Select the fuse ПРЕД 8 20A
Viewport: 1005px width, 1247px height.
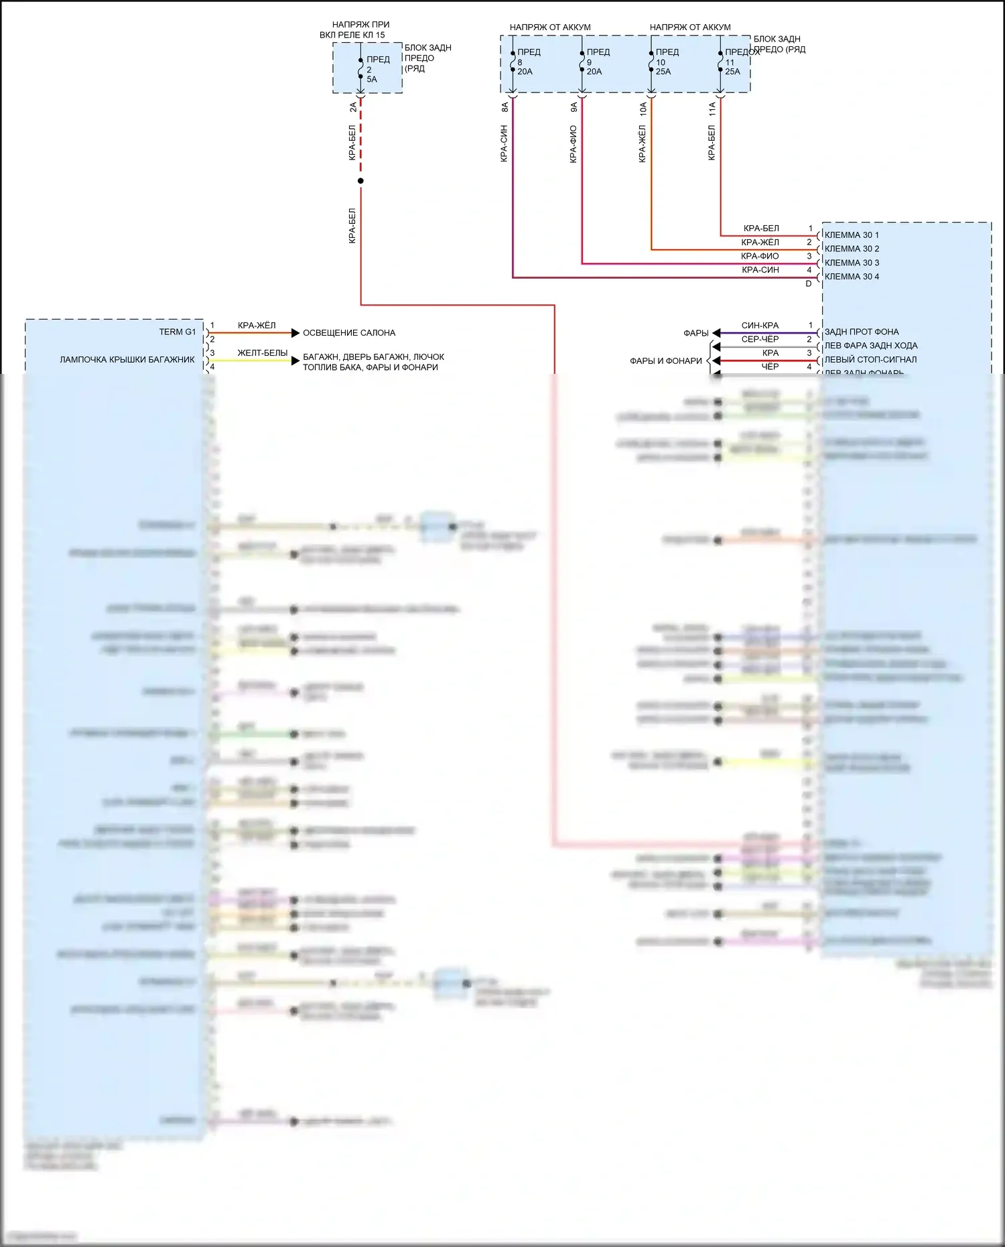[x=527, y=62]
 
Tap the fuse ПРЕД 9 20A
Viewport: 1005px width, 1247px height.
[x=596, y=62]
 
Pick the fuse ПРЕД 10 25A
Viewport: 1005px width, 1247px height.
[x=665, y=62]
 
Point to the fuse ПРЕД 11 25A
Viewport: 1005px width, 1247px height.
[x=734, y=62]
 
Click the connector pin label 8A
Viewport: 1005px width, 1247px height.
[x=505, y=107]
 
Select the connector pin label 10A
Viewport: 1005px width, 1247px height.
[x=643, y=109]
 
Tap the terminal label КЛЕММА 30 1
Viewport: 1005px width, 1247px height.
[x=852, y=235]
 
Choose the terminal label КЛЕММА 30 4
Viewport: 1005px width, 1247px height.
[x=852, y=277]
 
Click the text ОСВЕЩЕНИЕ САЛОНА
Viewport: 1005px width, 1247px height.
[x=349, y=333]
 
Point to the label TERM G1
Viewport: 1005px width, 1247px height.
[x=178, y=332]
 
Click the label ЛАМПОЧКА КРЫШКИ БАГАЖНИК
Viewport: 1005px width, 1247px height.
[x=127, y=360]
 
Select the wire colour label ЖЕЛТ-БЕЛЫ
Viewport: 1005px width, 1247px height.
[x=263, y=353]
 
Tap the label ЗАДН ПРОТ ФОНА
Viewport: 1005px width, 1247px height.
[x=862, y=332]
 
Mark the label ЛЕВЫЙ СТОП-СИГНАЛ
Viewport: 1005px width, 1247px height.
[x=870, y=360]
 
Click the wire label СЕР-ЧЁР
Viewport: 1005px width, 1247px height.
[x=760, y=339]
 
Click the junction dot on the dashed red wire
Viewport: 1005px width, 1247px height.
[x=360, y=181]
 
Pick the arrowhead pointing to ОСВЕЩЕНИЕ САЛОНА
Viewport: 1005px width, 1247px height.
[x=295, y=333]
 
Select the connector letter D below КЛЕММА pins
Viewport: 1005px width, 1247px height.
[x=809, y=283]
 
